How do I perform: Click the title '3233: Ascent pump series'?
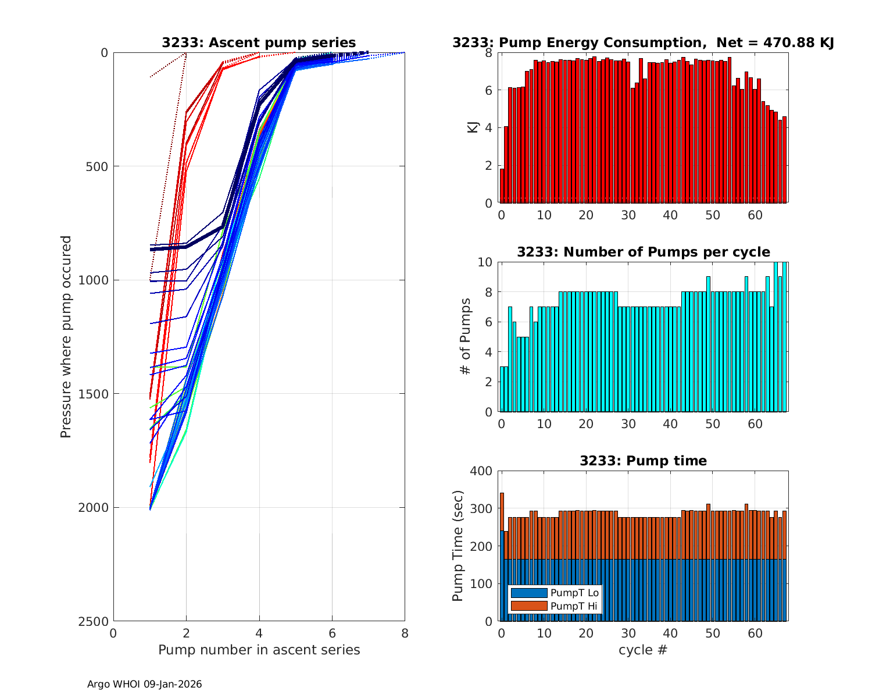pos(259,42)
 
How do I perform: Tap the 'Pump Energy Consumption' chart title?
pos(643,42)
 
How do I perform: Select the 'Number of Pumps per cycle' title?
pos(643,252)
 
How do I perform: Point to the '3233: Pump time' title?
pos(643,461)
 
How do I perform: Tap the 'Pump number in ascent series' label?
pos(259,650)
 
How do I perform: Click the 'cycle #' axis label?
pos(643,650)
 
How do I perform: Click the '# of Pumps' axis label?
pos(465,337)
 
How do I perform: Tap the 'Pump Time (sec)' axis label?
pos(458,546)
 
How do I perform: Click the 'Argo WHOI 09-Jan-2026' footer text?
pos(145,684)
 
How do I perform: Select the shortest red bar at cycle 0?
pos(502,186)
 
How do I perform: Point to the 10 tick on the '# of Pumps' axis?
pos(486,262)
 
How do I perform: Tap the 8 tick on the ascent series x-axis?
pos(405,633)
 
